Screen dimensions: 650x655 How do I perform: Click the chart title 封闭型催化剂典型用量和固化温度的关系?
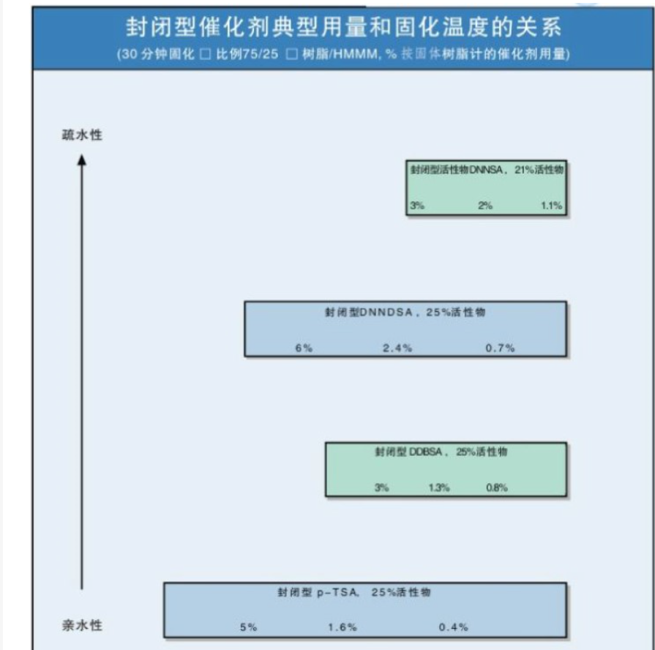pyautogui.click(x=343, y=29)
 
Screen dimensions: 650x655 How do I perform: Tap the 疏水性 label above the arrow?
pyautogui.click(x=82, y=135)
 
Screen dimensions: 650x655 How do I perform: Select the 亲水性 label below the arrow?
pyautogui.click(x=82, y=625)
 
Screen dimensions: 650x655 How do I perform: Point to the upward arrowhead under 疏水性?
pyautogui.click(x=82, y=159)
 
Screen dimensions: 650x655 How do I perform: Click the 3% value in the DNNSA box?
pyautogui.click(x=417, y=206)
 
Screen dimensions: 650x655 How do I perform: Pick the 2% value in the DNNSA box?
pyautogui.click(x=485, y=206)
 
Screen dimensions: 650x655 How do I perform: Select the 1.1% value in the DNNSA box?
pyautogui.click(x=551, y=206)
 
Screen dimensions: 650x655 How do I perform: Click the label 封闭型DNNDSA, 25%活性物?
pyautogui.click(x=405, y=312)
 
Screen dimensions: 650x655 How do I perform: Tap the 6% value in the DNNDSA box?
pyautogui.click(x=304, y=348)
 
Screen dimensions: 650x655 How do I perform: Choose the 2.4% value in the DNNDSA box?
pyautogui.click(x=397, y=348)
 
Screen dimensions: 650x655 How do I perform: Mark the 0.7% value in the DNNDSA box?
pyautogui.click(x=500, y=348)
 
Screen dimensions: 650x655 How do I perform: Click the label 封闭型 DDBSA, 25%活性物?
pyautogui.click(x=446, y=452)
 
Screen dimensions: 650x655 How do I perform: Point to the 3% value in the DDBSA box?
pyautogui.click(x=382, y=487)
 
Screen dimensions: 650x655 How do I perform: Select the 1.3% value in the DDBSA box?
pyautogui.click(x=439, y=487)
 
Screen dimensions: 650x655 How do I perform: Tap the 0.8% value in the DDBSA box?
pyautogui.click(x=497, y=487)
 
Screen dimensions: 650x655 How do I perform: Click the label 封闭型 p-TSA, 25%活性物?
pyautogui.click(x=353, y=592)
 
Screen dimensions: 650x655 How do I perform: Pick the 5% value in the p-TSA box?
pyautogui.click(x=248, y=627)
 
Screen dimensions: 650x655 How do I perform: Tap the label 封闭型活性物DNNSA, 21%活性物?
pyautogui.click(x=486, y=169)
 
